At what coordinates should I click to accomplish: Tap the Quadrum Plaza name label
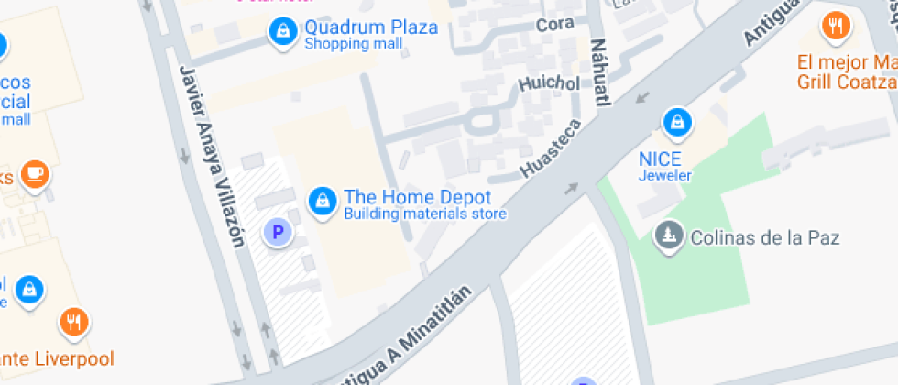tap(370, 27)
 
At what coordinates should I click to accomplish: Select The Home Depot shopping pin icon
tap(321, 199)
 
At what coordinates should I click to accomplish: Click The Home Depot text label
tap(417, 197)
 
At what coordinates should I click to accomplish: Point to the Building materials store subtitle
tap(424, 215)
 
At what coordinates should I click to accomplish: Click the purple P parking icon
tap(277, 232)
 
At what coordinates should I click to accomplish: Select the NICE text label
tap(660, 158)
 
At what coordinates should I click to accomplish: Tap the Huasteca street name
tap(550, 147)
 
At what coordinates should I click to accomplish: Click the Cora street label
tap(554, 24)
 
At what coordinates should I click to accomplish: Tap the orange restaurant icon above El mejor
tap(834, 27)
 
